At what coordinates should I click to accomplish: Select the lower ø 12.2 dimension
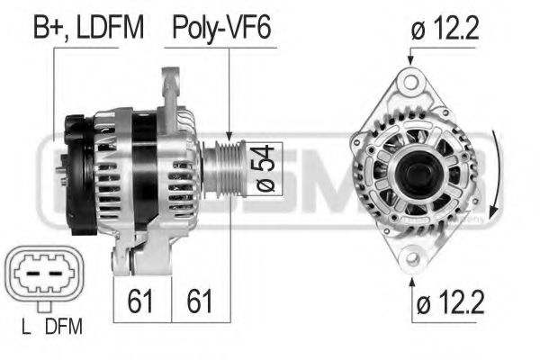coord(446,301)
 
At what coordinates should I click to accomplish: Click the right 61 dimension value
coord(199,299)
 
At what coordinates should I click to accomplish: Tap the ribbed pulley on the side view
coord(224,167)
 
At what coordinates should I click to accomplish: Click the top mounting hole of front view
coord(410,84)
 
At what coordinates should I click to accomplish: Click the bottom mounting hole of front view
coord(412,256)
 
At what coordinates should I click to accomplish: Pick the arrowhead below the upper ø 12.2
coord(410,60)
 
